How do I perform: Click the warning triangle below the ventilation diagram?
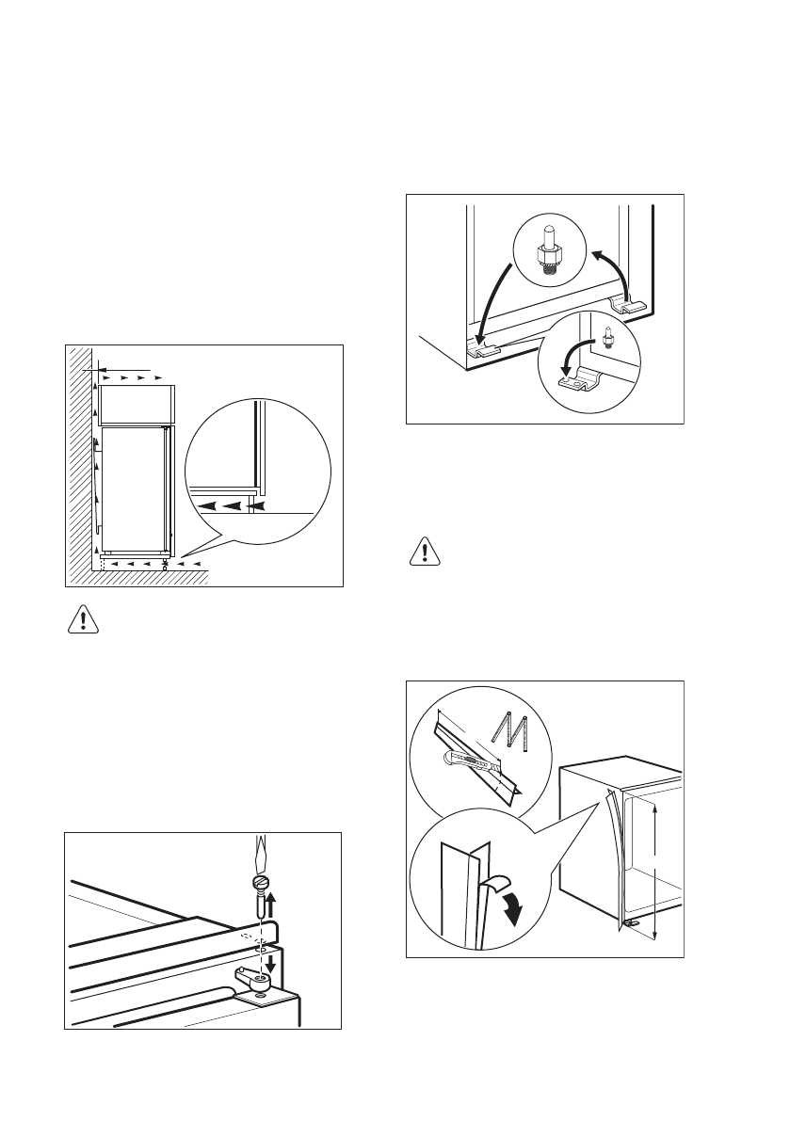pos(85,618)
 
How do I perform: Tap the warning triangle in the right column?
pos(426,552)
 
